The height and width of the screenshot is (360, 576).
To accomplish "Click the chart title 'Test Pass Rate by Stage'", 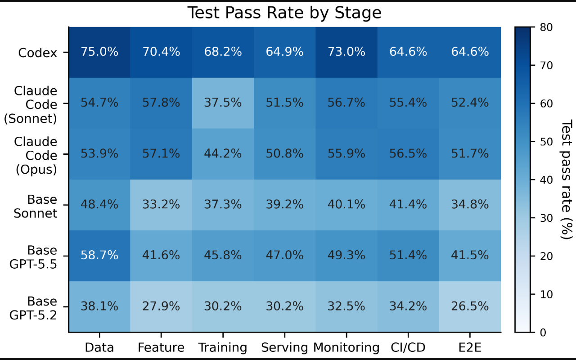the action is pyautogui.click(x=284, y=12).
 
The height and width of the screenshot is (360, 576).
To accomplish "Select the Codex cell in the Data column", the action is pyautogui.click(x=99, y=52).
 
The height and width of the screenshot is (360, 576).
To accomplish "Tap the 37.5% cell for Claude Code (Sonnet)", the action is pyautogui.click(x=223, y=103).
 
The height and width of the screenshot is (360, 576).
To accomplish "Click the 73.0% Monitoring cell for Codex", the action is pyautogui.click(x=346, y=52).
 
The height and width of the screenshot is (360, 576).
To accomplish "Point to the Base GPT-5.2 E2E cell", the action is pyautogui.click(x=470, y=306).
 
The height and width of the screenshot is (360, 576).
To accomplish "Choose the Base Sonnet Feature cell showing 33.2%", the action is pyautogui.click(x=161, y=205).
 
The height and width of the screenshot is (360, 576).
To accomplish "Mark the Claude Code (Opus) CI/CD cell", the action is pyautogui.click(x=408, y=154).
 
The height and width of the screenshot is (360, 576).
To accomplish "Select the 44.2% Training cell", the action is pyautogui.click(x=223, y=154).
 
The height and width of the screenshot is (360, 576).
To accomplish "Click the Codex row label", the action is pyautogui.click(x=37, y=53).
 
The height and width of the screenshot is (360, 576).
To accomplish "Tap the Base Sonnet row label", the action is pyautogui.click(x=35, y=207).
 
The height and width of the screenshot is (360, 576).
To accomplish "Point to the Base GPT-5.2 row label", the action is pyautogui.click(x=33, y=308).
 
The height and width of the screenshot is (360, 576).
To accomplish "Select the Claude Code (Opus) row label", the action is pyautogui.click(x=36, y=156).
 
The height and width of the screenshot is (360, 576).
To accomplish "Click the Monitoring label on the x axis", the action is pyautogui.click(x=346, y=348).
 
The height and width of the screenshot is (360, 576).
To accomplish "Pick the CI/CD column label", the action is pyautogui.click(x=408, y=348).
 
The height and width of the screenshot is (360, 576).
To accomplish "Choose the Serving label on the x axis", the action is pyautogui.click(x=284, y=348).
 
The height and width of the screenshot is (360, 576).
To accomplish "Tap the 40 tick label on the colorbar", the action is pyautogui.click(x=546, y=180).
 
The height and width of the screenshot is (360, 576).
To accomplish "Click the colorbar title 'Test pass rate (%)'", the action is pyautogui.click(x=566, y=180).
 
